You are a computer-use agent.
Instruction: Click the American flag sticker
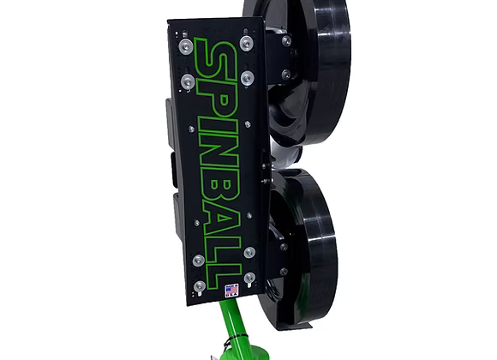tap(231, 291)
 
